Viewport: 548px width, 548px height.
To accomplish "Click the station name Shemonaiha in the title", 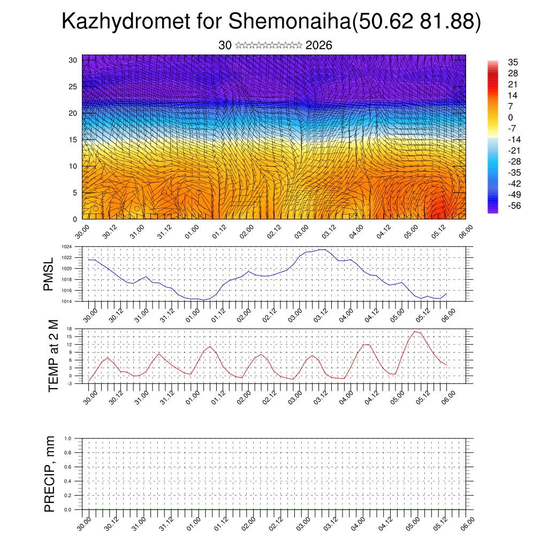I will (288, 22).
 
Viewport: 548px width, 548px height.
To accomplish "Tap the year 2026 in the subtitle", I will (318, 45).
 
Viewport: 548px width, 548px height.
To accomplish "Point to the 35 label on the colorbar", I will (513, 63).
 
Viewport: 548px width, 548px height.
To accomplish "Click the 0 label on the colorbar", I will (511, 117).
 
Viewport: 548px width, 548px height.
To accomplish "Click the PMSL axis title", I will (49, 275).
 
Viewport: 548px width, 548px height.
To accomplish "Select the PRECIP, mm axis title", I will (50, 474).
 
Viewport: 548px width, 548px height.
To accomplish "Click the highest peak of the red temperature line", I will (415, 331).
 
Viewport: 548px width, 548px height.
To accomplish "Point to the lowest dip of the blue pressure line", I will (204, 300).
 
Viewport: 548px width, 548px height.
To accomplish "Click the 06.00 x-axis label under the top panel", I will (463, 231).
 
